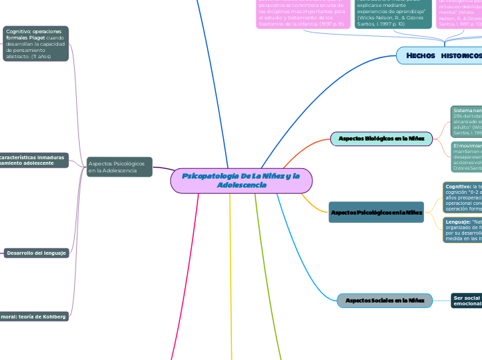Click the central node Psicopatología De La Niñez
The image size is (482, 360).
[241, 181]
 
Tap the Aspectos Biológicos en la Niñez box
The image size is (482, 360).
[382, 138]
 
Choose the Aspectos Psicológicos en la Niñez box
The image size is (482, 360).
[376, 211]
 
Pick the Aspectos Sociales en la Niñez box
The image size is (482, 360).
[384, 300]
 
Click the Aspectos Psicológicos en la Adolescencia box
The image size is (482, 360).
[120, 167]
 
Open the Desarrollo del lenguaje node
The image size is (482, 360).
[37, 253]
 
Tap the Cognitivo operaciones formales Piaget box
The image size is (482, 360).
[36, 44]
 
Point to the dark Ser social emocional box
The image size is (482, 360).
[466, 300]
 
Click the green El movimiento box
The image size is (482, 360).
[466, 157]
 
